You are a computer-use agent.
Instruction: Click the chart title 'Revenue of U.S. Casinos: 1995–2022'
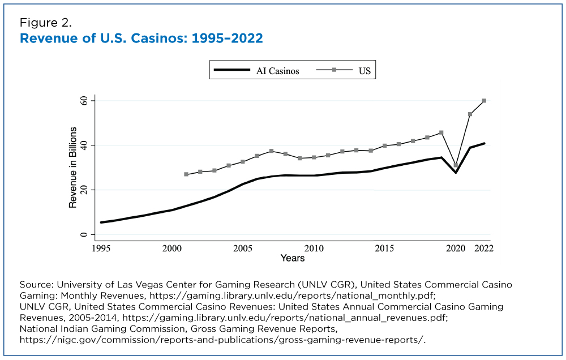tap(141, 38)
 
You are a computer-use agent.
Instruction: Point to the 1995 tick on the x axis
tap(101, 248)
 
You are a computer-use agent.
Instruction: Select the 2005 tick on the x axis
tap(243, 248)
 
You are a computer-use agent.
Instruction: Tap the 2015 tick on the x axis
tap(385, 248)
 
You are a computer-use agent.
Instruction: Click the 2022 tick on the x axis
tap(484, 248)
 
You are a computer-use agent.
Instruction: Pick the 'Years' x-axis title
tap(293, 258)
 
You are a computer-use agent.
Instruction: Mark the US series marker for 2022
tap(484, 101)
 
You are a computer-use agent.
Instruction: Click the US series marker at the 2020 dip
tap(456, 165)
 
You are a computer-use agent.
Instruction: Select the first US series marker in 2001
tap(186, 174)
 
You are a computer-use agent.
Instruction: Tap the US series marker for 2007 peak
tap(271, 151)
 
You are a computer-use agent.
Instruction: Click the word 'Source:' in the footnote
tap(36, 284)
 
